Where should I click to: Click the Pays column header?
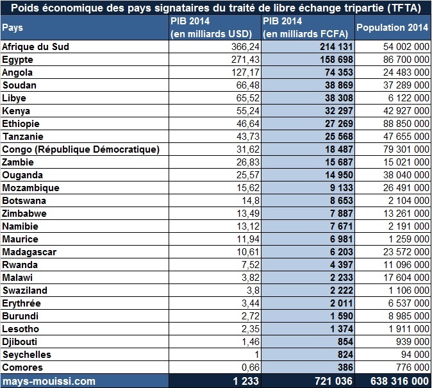[x=12, y=28]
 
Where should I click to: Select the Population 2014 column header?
[x=392, y=28]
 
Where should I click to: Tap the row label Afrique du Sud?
[x=35, y=47]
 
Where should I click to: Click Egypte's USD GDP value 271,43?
[x=245, y=60]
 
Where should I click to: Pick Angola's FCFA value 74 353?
[x=339, y=72]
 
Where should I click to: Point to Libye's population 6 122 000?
[x=408, y=98]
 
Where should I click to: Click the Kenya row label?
[x=16, y=111]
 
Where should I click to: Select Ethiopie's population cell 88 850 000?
[x=406, y=124]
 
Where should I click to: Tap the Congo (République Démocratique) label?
[x=81, y=149]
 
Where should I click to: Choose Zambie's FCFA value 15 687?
[x=339, y=162]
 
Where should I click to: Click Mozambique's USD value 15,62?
[x=248, y=188]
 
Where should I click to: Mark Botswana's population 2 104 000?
[x=408, y=201]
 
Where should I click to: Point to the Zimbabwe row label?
[x=24, y=214]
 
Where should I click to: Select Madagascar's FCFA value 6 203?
[x=342, y=252]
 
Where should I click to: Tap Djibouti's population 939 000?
[x=412, y=342]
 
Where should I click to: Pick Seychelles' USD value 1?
[x=257, y=355]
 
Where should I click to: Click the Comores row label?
[x=22, y=367]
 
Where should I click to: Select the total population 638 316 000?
[x=399, y=381]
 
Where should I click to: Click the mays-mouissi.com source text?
[x=49, y=381]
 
